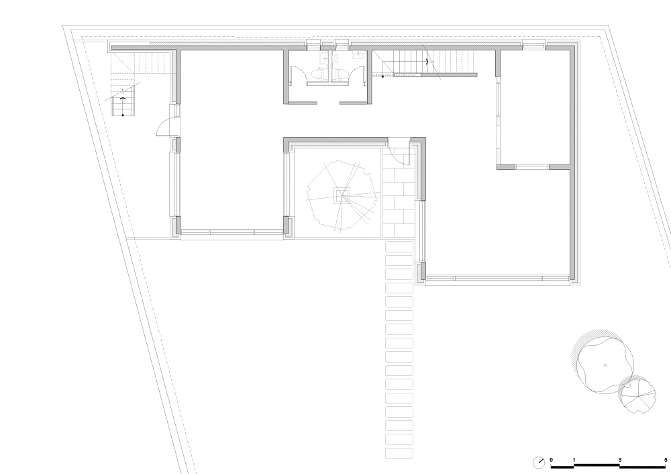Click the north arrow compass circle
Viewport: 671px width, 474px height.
click(x=538, y=463)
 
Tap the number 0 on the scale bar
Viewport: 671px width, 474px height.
click(x=551, y=460)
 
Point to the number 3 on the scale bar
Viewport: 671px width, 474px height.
click(x=619, y=460)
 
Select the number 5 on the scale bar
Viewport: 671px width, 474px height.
click(x=666, y=460)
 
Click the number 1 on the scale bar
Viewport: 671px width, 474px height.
click(x=574, y=460)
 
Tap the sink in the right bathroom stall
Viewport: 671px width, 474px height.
click(x=358, y=54)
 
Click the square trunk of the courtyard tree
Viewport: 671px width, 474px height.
click(x=342, y=196)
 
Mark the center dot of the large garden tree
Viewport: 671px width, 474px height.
click(x=605, y=365)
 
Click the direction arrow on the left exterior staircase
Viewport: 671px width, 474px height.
click(x=123, y=99)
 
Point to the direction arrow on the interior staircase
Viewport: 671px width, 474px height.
click(x=427, y=62)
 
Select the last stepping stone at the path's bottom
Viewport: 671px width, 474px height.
click(x=399, y=453)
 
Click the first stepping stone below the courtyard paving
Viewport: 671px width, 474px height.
click(x=399, y=247)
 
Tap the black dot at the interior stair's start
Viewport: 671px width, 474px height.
click(x=382, y=77)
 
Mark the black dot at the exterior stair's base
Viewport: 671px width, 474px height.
click(x=123, y=115)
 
